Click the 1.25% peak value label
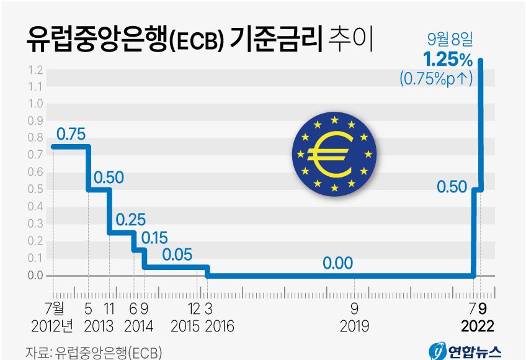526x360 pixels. click(448, 60)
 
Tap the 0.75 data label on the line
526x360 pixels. click(71, 133)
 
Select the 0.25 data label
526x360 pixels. click(130, 219)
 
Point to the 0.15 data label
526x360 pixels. click(154, 237)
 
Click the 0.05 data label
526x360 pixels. click(177, 254)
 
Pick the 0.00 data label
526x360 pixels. click(337, 263)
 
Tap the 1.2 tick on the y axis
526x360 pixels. click(35, 69)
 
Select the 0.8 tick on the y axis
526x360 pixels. click(35, 138)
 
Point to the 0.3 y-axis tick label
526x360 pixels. click(35, 223)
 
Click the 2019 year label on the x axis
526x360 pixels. click(354, 326)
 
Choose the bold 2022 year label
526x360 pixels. click(478, 326)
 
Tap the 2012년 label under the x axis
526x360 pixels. click(52, 326)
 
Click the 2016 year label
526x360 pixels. click(218, 326)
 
